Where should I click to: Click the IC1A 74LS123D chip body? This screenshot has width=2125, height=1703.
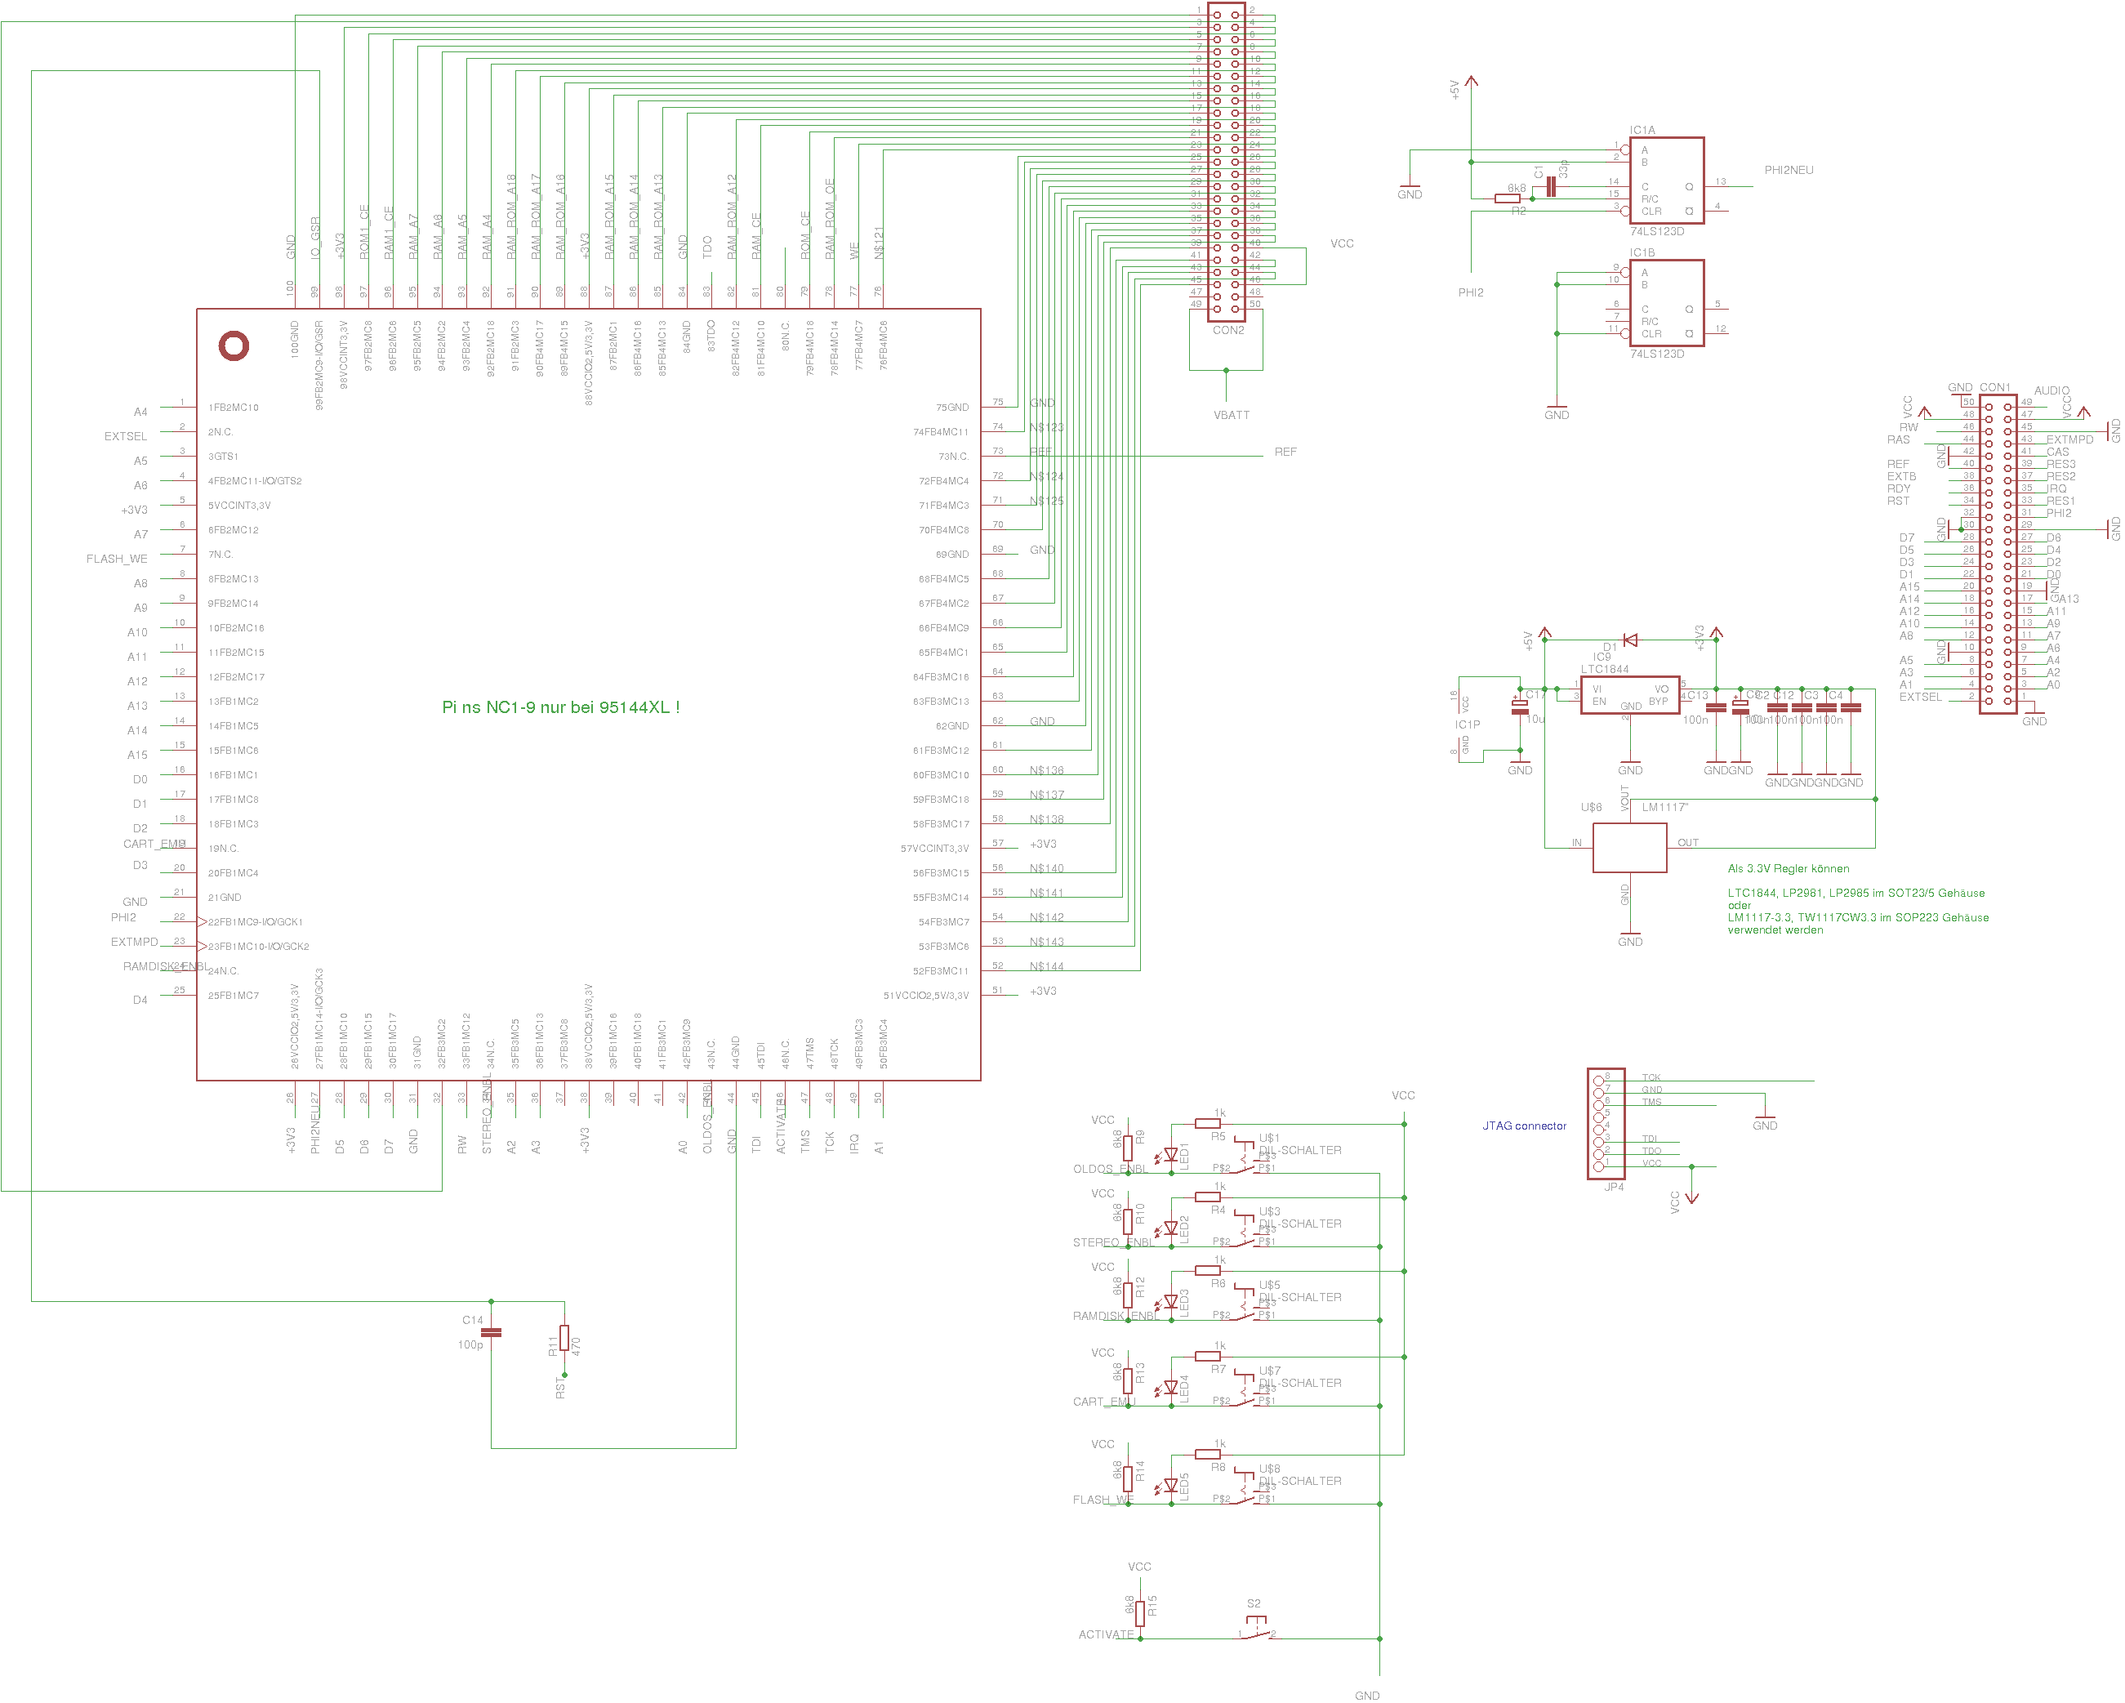1667,181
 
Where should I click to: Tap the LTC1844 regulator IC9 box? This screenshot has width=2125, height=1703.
1630,696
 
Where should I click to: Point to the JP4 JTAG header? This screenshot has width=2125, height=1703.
1599,1124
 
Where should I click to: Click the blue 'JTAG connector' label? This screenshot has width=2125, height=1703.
1524,1126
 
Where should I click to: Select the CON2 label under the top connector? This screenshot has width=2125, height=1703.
1228,331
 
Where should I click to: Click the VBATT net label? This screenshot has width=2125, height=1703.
1231,416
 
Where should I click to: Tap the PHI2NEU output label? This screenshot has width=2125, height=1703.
1789,171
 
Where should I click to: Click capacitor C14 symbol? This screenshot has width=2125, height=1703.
491,1332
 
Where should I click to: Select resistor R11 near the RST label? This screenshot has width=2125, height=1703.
564,1337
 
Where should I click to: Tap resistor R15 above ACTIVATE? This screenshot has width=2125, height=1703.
1139,1613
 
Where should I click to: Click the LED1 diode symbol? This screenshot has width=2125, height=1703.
1171,1155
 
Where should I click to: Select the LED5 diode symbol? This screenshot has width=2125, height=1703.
1171,1485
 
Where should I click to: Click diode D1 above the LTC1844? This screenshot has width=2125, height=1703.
1630,640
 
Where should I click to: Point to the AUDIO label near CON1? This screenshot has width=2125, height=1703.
2052,391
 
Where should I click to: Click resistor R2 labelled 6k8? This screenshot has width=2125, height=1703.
1507,199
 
